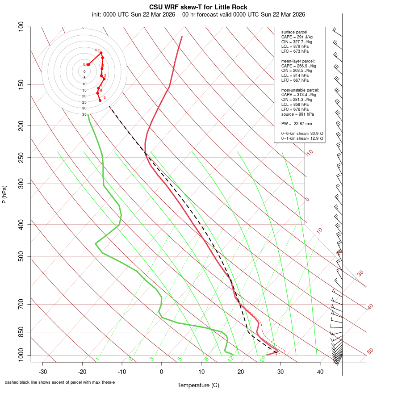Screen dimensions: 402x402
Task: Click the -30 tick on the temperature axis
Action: (43, 372)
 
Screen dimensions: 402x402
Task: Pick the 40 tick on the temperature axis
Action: (320, 372)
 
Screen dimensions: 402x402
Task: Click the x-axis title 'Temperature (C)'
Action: (198, 385)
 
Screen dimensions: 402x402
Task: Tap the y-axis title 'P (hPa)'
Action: (5, 195)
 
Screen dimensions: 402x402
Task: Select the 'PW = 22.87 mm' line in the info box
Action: (296, 124)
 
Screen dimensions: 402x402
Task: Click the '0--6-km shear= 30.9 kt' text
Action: (302, 134)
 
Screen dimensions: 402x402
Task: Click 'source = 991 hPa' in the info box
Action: (297, 114)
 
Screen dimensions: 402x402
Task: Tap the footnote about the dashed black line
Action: (60, 382)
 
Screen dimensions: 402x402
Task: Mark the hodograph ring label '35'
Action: (84, 114)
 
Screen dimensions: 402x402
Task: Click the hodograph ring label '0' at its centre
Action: (84, 71)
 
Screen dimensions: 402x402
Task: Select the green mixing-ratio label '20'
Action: (263, 358)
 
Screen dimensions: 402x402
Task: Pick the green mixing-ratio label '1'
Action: (96, 359)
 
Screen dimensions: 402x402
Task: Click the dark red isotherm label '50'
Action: (370, 351)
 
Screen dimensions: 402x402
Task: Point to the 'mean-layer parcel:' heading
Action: (298, 61)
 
